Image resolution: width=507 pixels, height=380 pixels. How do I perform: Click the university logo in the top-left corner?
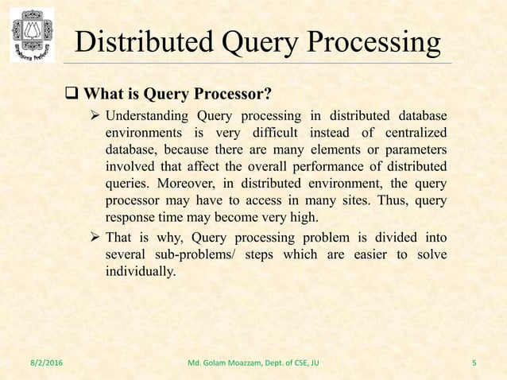click(x=32, y=34)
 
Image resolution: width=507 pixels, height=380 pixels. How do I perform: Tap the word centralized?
click(x=408, y=133)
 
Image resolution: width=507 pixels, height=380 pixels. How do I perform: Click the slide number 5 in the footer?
click(x=474, y=364)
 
